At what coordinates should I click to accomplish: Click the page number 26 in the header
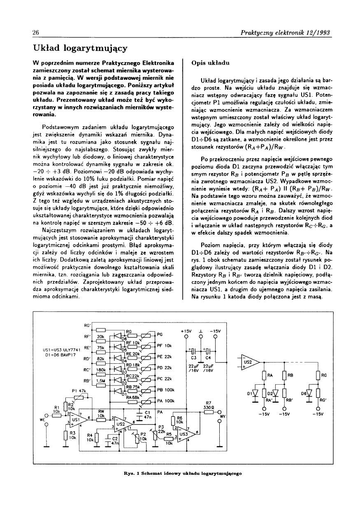pos(35,33)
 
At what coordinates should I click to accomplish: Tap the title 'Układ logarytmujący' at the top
pos(80,48)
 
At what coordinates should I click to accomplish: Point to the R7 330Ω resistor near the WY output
pos(208,413)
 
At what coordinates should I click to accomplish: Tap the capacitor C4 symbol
pos(209,351)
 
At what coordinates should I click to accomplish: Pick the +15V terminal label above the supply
pos(186,331)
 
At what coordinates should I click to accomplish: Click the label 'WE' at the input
pos(42,420)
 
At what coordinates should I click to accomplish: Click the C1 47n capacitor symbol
pos(140,414)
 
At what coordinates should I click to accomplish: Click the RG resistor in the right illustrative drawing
pos(318,376)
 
